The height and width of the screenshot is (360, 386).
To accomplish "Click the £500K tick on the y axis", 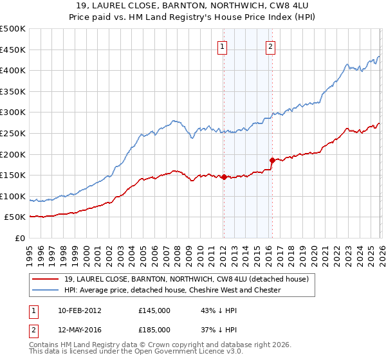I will (x=13, y=29).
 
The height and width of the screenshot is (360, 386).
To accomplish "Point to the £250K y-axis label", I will (x=13, y=133).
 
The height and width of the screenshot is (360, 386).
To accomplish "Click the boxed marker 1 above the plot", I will (x=223, y=46).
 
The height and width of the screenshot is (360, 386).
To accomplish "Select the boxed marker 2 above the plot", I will (x=270, y=46).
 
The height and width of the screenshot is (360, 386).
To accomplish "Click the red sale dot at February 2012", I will (x=223, y=177).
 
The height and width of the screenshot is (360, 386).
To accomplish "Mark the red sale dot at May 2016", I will (x=271, y=160).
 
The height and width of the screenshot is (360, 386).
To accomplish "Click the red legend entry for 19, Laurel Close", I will (x=187, y=279).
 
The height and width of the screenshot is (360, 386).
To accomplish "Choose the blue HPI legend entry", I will (x=172, y=290).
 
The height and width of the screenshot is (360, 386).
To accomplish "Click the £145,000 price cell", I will (x=154, y=310).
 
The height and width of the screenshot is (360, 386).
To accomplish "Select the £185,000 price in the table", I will (x=154, y=331).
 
